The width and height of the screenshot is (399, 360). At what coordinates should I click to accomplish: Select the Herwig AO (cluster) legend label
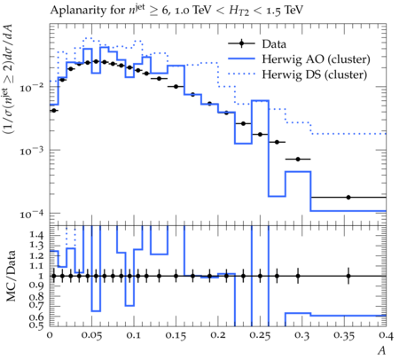click(x=316, y=59)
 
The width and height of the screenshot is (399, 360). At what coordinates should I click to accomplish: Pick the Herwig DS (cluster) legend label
click(x=315, y=74)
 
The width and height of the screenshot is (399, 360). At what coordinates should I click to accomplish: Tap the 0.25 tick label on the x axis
click(x=261, y=336)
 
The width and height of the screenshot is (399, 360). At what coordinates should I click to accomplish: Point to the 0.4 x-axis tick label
click(x=386, y=336)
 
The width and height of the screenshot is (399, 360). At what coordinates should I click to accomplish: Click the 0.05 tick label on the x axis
click(x=92, y=336)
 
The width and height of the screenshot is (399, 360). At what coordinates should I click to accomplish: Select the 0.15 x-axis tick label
click(x=176, y=336)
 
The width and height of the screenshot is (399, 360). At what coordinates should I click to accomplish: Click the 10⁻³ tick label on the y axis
click(x=32, y=151)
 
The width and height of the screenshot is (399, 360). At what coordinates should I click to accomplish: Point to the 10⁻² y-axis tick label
click(x=32, y=88)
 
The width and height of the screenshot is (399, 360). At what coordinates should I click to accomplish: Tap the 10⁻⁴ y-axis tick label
click(x=32, y=214)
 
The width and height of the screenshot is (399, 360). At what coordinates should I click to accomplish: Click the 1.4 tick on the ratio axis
click(x=36, y=235)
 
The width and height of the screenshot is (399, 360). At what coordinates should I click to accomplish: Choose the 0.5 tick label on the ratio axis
click(x=36, y=325)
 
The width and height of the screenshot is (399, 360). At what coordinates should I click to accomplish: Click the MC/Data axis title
click(x=11, y=276)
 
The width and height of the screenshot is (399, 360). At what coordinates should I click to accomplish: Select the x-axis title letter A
click(x=382, y=350)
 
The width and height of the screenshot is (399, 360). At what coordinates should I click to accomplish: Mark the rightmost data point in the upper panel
click(x=348, y=197)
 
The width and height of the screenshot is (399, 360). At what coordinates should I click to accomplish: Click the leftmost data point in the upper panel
click(x=54, y=111)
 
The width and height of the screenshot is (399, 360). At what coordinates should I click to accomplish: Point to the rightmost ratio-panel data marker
click(x=348, y=276)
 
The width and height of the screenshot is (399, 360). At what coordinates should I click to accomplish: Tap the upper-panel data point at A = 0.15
click(x=176, y=87)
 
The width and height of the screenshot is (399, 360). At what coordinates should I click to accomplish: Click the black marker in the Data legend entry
click(x=241, y=43)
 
